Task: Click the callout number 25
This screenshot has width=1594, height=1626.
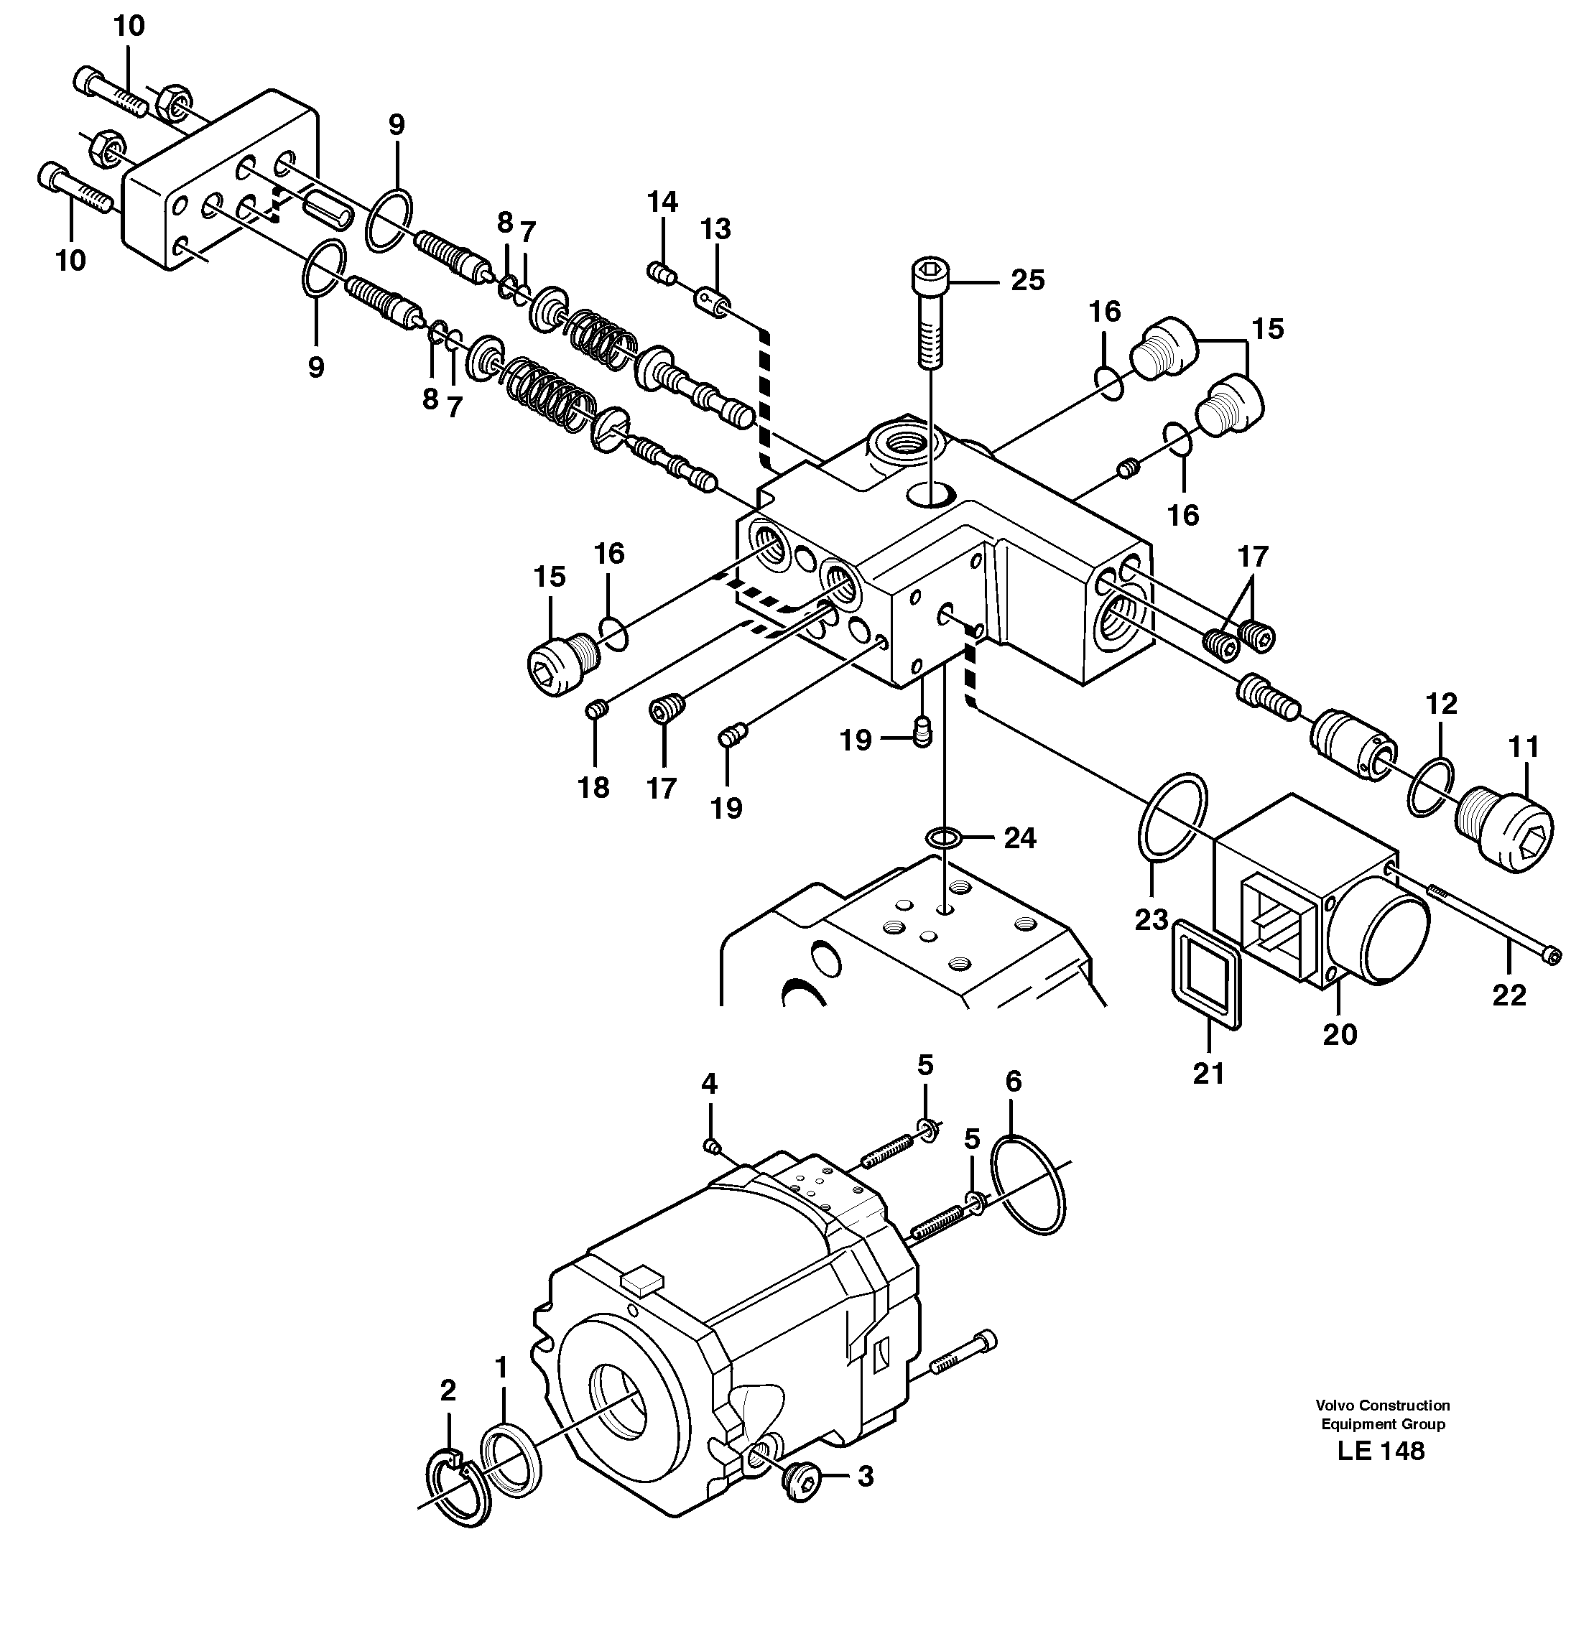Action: tap(1027, 280)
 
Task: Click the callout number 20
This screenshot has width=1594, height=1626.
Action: tap(1339, 1034)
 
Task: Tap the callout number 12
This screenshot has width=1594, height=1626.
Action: tap(1441, 703)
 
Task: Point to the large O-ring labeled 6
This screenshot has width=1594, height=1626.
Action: tap(1028, 1184)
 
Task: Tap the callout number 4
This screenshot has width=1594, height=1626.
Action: tap(709, 1084)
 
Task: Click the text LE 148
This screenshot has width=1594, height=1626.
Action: tap(1381, 1474)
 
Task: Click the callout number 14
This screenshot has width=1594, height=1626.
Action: tap(662, 202)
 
